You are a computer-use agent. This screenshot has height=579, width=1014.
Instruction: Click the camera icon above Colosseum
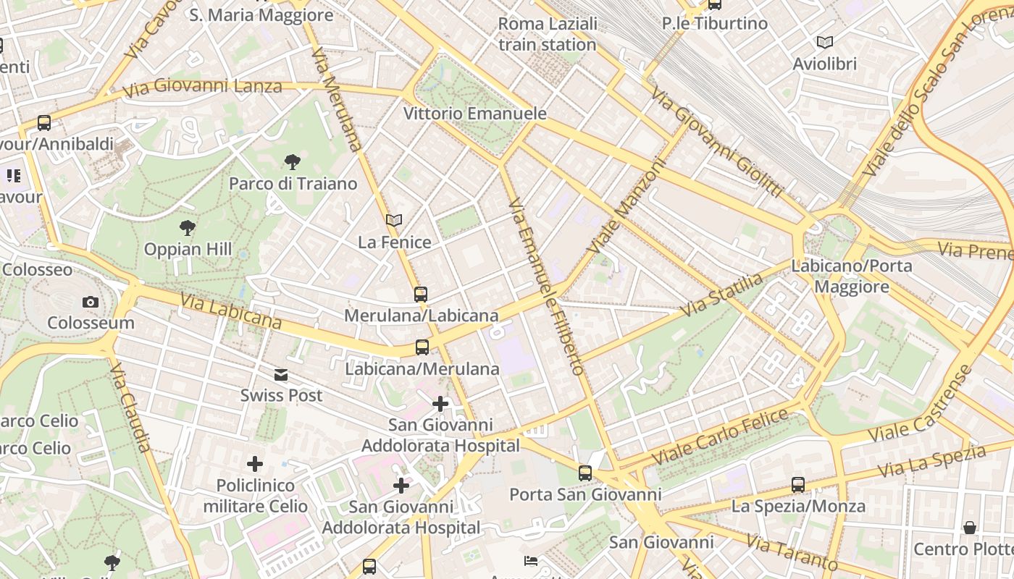[x=91, y=302]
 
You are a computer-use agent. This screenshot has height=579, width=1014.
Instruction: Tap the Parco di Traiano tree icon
[x=293, y=161]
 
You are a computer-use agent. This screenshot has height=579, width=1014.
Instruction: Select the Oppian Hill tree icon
[x=188, y=228]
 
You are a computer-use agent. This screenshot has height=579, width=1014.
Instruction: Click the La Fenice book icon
[x=394, y=220]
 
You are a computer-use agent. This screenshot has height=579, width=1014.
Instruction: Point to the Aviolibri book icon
[x=824, y=42]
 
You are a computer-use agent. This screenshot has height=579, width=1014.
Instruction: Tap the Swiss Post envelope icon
[x=281, y=374]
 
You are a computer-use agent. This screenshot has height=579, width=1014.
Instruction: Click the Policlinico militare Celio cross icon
[x=255, y=463]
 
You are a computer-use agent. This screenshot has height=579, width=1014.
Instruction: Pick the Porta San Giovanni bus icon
[x=584, y=473]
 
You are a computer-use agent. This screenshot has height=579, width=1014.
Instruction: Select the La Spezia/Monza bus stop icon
[x=797, y=484]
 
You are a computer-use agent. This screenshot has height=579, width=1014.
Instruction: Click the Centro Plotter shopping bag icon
[x=969, y=528]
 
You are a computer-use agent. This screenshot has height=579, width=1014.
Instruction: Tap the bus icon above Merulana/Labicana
[x=421, y=294]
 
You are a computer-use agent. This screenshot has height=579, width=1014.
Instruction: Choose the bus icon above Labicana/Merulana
[x=422, y=347]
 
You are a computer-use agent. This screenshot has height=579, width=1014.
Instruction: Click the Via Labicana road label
[x=230, y=310]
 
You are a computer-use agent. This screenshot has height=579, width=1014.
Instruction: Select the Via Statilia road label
[x=722, y=294]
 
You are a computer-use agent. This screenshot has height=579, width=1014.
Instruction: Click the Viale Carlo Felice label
[x=720, y=436]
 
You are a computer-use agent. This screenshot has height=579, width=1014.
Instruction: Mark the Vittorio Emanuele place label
[x=474, y=114]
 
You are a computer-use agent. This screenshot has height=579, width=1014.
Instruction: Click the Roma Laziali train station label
[x=548, y=34]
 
